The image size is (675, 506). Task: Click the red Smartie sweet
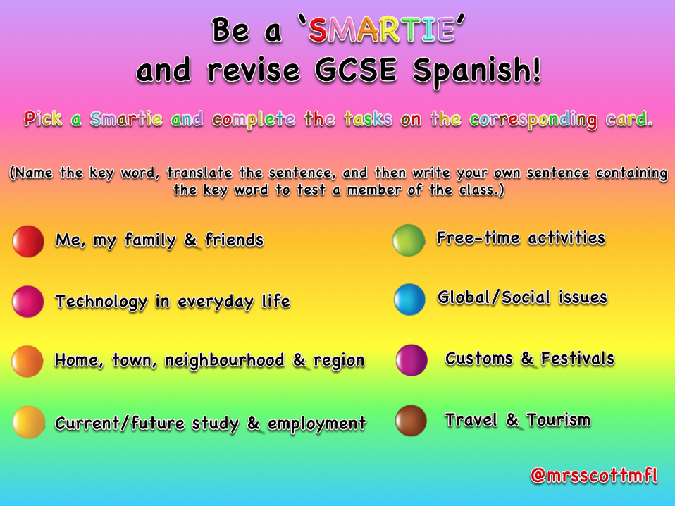(x=28, y=241)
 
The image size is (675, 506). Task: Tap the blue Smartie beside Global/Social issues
(x=409, y=300)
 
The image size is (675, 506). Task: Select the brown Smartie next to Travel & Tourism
(x=411, y=421)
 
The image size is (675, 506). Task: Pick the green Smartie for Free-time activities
(x=409, y=240)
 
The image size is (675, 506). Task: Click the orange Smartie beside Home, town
(x=27, y=362)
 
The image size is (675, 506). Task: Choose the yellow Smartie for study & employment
(x=29, y=422)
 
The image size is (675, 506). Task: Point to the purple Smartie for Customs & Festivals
(x=411, y=360)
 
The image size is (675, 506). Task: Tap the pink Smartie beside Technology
(x=28, y=302)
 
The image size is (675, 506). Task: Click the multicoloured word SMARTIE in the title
(x=381, y=30)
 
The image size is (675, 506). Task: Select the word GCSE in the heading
(x=356, y=70)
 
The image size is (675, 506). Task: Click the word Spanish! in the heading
(x=476, y=71)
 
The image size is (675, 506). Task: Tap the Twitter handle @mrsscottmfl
(x=594, y=476)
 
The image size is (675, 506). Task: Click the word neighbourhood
(x=224, y=361)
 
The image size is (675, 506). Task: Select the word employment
(x=317, y=424)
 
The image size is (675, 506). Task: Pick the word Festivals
(x=577, y=359)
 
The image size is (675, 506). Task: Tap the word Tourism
(x=558, y=420)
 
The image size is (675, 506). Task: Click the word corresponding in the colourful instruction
(x=533, y=120)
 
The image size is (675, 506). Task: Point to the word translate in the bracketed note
(x=199, y=173)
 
